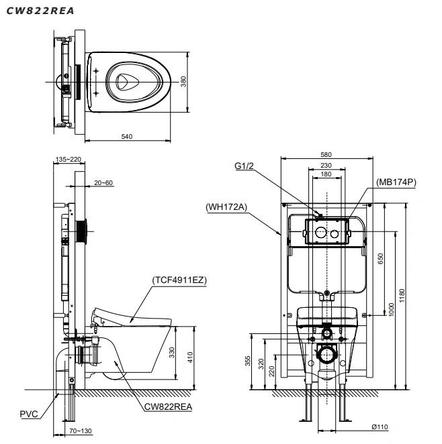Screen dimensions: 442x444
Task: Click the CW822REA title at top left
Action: (40, 11)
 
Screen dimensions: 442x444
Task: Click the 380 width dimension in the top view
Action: (183, 82)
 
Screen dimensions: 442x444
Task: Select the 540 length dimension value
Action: (127, 136)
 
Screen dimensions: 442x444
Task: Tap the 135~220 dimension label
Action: (69, 160)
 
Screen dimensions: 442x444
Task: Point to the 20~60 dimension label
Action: (103, 183)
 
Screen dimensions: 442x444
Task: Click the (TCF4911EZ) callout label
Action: (179, 280)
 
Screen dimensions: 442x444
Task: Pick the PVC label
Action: (29, 414)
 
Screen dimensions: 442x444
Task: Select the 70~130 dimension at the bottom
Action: (81, 431)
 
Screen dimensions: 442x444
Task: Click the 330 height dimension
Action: (172, 353)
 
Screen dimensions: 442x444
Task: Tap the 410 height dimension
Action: (190, 357)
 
